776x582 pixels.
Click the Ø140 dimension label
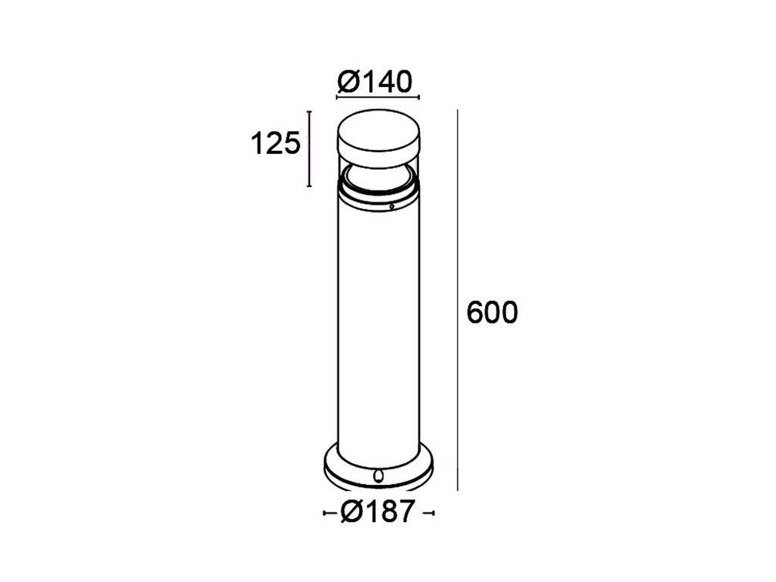pos(374,82)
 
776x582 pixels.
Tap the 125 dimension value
pos(276,144)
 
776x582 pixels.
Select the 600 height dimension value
pos(493,312)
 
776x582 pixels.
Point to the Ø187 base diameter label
pos(377,512)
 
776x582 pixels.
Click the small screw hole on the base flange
pos(379,476)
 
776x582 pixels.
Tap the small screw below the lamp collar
pos(392,207)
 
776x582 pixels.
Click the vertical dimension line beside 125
pos(310,149)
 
